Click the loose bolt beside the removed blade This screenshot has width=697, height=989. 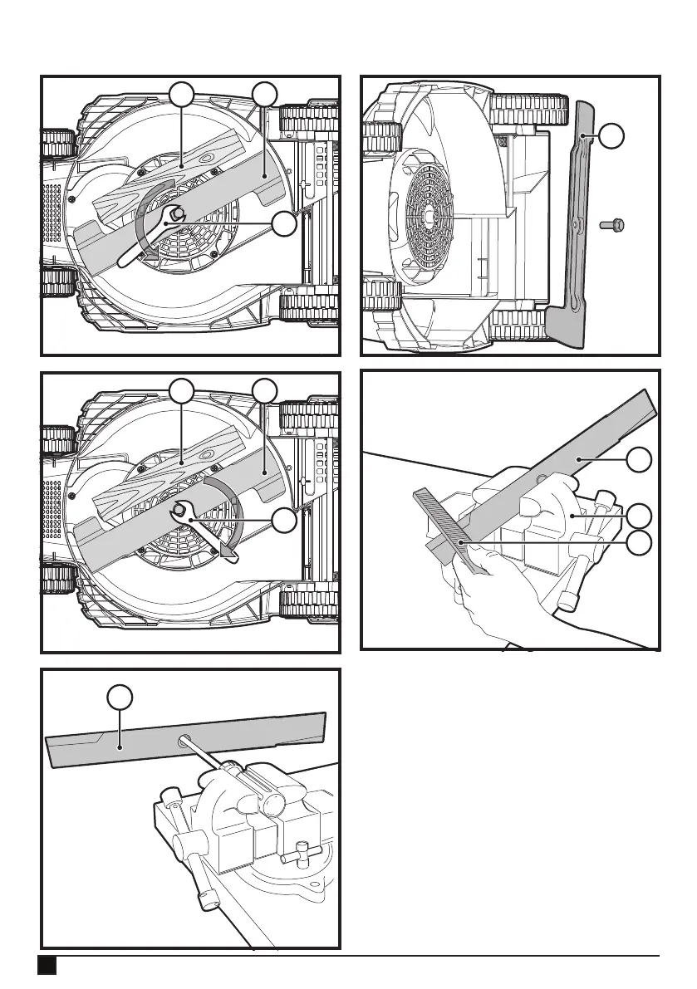tap(613, 224)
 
